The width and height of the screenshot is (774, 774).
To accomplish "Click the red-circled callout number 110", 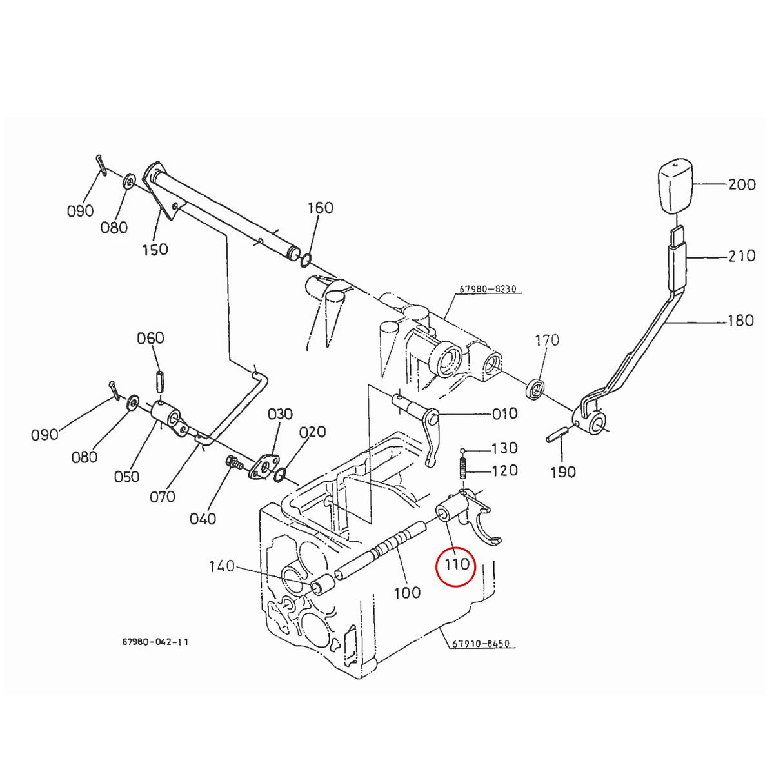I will click(x=456, y=565).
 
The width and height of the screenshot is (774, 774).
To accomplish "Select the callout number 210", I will click(x=741, y=256).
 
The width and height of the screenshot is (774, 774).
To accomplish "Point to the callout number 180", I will click(x=740, y=320).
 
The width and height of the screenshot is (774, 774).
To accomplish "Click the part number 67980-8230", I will click(x=488, y=290).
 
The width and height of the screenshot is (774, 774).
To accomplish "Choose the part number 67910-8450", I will click(x=481, y=643).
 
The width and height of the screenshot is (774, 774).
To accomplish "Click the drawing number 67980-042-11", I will click(x=155, y=642).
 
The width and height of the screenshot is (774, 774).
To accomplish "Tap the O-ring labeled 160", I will click(x=305, y=261).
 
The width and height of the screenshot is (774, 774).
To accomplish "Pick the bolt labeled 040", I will click(x=232, y=462).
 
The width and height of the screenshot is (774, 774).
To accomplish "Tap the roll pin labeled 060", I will click(x=160, y=380).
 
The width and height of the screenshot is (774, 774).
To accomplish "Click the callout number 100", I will click(x=406, y=592).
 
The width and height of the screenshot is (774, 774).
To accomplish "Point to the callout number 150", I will click(x=155, y=249).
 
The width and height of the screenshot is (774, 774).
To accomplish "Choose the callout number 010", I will click(x=504, y=413).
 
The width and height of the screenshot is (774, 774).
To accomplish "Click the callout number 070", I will click(x=162, y=496).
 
